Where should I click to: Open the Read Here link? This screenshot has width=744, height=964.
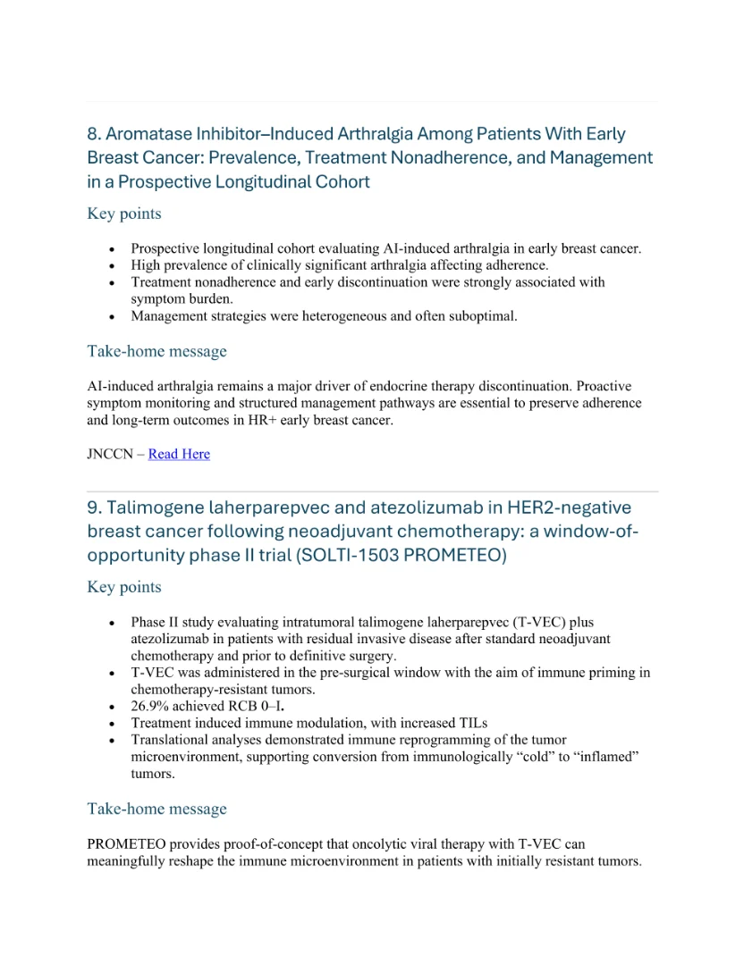(x=179, y=454)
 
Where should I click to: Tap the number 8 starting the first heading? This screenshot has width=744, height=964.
(x=93, y=134)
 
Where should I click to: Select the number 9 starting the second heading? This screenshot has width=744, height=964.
(x=93, y=507)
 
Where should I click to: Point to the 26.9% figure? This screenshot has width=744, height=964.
(x=151, y=706)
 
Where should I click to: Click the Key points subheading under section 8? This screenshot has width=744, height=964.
(x=124, y=214)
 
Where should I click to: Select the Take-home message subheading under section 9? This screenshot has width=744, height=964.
(x=156, y=809)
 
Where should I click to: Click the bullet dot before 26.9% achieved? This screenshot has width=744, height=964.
(x=112, y=707)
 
